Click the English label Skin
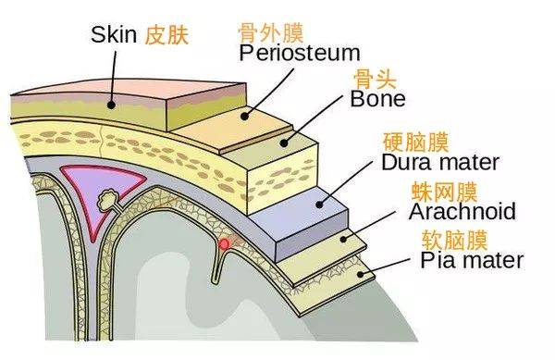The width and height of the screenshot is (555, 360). [115, 35]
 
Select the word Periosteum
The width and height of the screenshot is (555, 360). [299, 53]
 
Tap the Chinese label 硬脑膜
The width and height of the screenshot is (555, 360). [415, 142]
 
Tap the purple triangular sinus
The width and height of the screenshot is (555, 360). [92, 185]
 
